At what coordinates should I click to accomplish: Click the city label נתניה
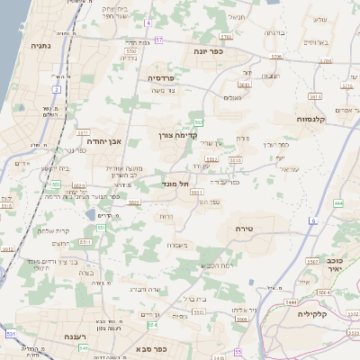point(40,44)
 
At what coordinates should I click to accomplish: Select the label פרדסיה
point(166,78)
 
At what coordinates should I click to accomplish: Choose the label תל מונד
point(177,184)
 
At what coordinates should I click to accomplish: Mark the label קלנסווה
point(316,118)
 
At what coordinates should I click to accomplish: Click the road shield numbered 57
point(159,40)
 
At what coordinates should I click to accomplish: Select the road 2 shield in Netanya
point(56,89)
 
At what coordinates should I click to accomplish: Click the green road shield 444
point(338,203)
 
